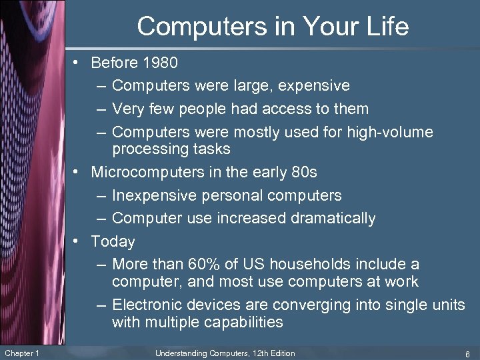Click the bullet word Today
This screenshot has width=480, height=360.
click(x=113, y=241)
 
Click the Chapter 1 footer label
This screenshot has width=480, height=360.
click(x=21, y=353)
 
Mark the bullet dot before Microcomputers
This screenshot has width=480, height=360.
click(x=78, y=172)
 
